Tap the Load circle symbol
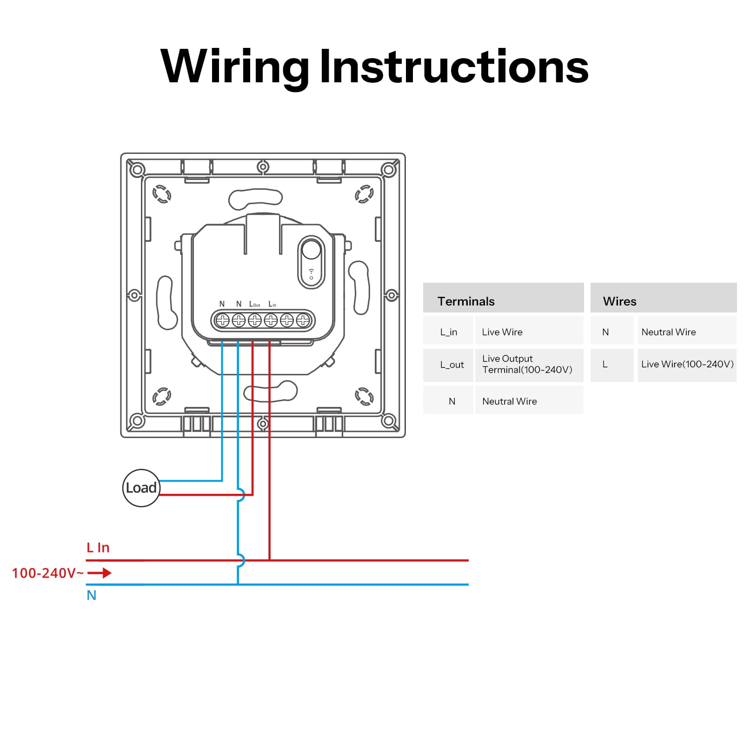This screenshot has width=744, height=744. (x=141, y=488)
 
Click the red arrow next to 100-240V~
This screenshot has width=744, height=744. (x=100, y=573)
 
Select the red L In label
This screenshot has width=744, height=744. (x=98, y=547)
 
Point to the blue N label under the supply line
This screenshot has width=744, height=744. (x=92, y=595)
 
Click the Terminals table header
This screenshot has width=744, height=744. (x=466, y=301)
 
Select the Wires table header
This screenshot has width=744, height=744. (x=619, y=301)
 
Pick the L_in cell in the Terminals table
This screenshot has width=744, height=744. (x=448, y=332)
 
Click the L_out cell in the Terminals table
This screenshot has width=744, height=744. (x=452, y=365)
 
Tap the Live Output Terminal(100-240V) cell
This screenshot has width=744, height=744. (x=527, y=364)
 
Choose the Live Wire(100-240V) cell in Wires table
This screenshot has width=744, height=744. (x=687, y=364)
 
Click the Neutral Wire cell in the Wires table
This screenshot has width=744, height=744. (x=668, y=332)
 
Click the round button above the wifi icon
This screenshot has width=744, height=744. (x=311, y=250)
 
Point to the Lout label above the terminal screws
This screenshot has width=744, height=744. (x=255, y=304)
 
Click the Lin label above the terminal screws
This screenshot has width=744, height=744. (x=272, y=304)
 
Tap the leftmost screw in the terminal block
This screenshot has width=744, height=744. (x=223, y=320)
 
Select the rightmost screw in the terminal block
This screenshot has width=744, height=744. (x=303, y=320)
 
